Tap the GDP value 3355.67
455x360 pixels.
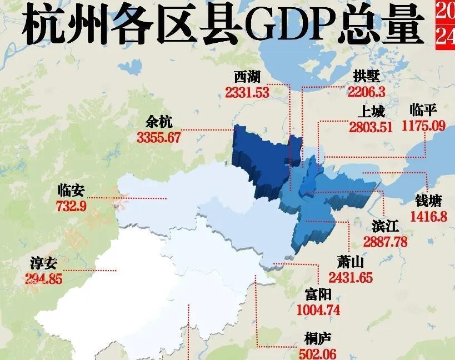[159, 137]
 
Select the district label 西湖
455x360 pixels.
[247, 77]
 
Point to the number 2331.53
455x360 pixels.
[247, 93]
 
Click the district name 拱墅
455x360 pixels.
[367, 77]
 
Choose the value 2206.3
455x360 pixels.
[366, 92]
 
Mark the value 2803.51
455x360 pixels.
[371, 127]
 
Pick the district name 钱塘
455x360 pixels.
[428, 201]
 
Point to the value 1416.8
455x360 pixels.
[428, 216]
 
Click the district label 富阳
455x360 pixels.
[318, 294]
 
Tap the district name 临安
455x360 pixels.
[71, 191]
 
